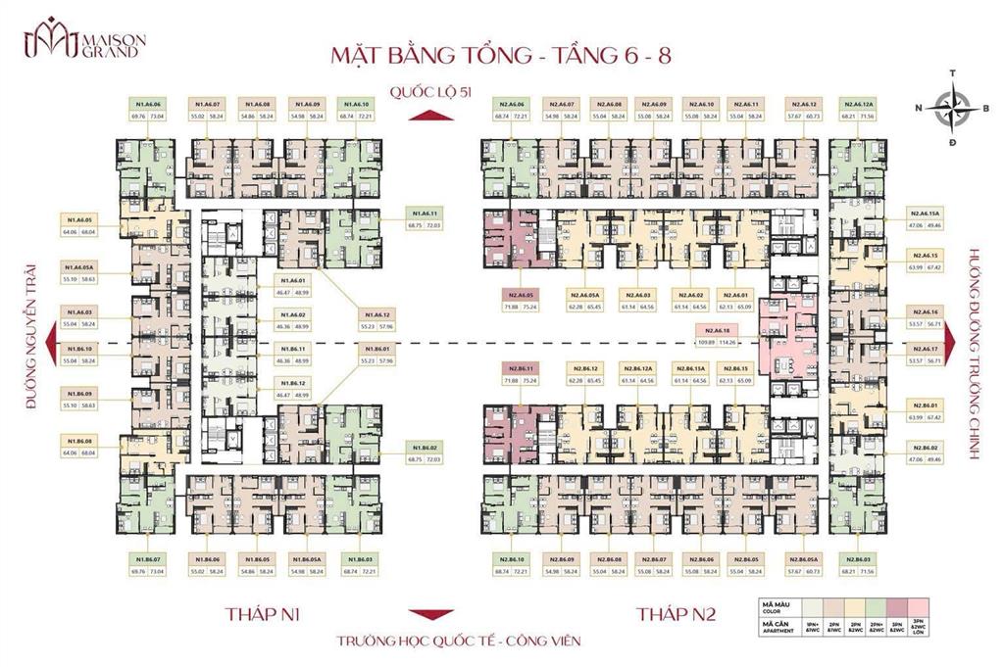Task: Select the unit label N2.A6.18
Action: (x=714, y=330)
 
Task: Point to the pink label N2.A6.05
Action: (x=520, y=294)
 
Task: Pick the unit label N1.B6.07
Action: (x=151, y=559)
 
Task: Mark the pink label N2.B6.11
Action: (x=520, y=368)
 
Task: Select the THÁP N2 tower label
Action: (x=677, y=614)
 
